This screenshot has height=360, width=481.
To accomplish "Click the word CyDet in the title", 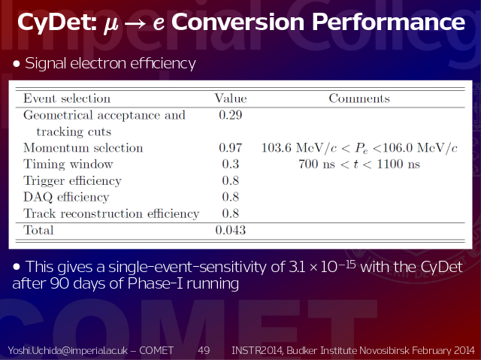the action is coord(56,23).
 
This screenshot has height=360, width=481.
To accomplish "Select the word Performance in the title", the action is coord(389,22).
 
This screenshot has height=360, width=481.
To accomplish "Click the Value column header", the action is coord(231,98).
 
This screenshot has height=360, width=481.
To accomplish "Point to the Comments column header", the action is coord(359,98).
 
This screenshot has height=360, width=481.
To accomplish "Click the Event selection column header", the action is coord(67,98).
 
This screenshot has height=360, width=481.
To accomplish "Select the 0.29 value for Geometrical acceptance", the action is coord(231,115).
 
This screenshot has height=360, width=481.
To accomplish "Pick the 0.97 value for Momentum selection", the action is coord(231,148).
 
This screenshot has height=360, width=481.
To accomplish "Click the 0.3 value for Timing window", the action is coord(231,164).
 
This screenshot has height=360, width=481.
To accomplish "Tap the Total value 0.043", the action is coord(231,230).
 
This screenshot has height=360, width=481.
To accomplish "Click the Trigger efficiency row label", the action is coord(72,180).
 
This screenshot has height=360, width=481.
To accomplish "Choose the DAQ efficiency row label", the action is coord(66,197).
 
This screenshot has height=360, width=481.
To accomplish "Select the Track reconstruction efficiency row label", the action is coord(111,213).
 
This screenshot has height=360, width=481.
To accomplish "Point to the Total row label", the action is coord(38,230).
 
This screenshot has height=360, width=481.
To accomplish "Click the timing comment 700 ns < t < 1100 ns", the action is coord(359,164).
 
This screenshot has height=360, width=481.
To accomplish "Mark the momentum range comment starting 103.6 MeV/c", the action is coord(359,148).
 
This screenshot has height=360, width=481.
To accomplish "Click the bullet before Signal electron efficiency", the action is coord(17,64).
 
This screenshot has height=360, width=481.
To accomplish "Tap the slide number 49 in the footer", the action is coord(204,350).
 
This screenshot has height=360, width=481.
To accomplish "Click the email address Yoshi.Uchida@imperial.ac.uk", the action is coord(68,350).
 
